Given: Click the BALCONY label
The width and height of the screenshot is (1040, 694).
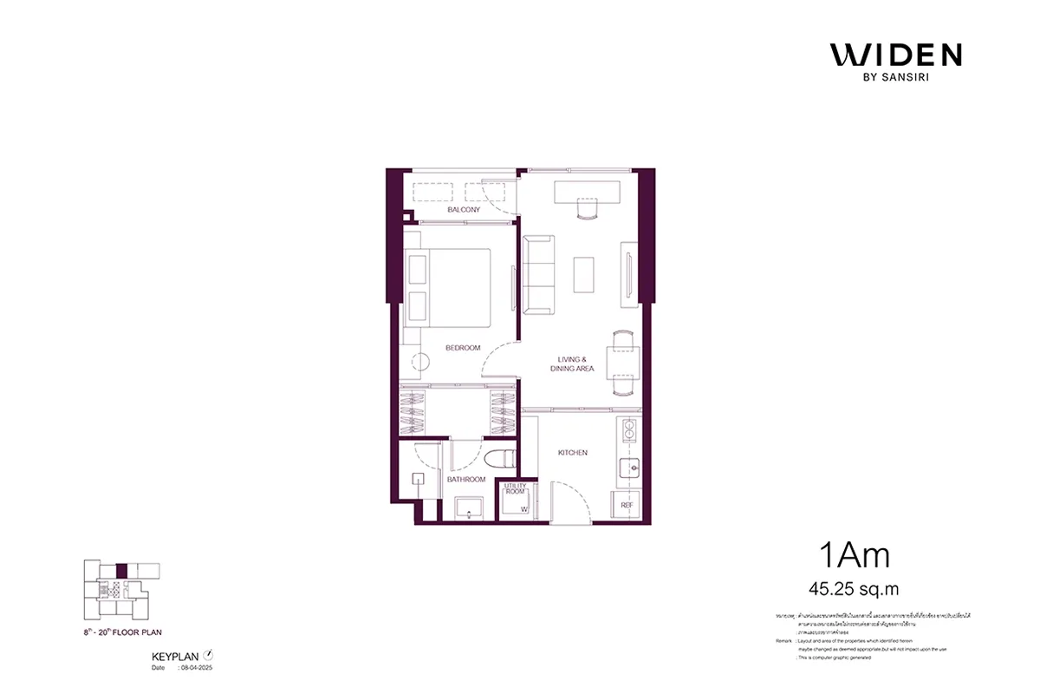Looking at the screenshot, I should (464, 210).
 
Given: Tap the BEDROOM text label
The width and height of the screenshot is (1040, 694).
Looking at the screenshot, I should (463, 348).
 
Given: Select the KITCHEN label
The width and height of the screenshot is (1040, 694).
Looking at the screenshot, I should (573, 453).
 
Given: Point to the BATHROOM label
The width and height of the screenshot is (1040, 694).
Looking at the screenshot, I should (465, 479).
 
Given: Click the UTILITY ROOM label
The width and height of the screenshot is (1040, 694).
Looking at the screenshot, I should (516, 489).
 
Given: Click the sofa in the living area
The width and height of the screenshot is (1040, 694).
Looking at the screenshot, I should (538, 275).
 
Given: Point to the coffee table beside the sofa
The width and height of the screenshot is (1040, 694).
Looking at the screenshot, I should (584, 274).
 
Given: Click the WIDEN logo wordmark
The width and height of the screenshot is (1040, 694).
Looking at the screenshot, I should (895, 56).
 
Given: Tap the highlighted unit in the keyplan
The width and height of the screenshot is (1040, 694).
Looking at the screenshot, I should (121, 571).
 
